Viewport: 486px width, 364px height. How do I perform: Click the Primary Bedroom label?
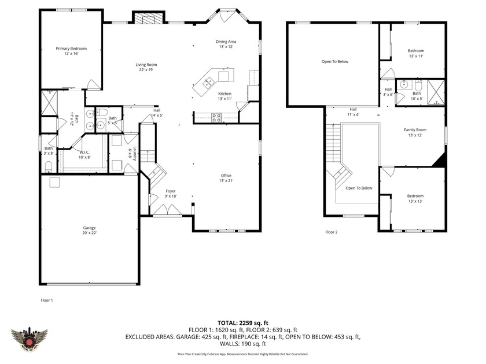click(71, 51)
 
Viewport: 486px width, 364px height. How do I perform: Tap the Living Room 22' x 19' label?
click(146, 67)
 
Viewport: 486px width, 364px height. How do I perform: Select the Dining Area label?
click(226, 44)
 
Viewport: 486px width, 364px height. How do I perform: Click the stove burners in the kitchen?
click(217, 117)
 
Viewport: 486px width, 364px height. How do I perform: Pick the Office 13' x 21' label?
click(226, 178)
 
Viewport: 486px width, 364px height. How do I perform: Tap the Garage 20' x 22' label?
click(90, 231)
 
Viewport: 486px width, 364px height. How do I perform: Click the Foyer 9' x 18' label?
click(171, 194)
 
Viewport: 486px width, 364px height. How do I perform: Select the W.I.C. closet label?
click(84, 154)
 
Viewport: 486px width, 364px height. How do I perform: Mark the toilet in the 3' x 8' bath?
click(49, 167)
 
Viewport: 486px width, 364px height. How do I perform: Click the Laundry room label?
click(132, 153)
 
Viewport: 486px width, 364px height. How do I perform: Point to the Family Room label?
click(415, 132)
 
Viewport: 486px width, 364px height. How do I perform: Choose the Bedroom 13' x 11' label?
click(415, 53)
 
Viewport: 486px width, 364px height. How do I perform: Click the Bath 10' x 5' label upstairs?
click(417, 96)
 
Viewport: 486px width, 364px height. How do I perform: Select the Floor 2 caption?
click(331, 232)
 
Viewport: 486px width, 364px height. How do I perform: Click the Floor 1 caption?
click(46, 300)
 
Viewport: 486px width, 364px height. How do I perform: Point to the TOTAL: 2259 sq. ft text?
click(243, 323)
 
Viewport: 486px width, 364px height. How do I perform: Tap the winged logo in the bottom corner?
click(29, 337)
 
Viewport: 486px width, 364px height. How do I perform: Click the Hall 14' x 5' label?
click(157, 113)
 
